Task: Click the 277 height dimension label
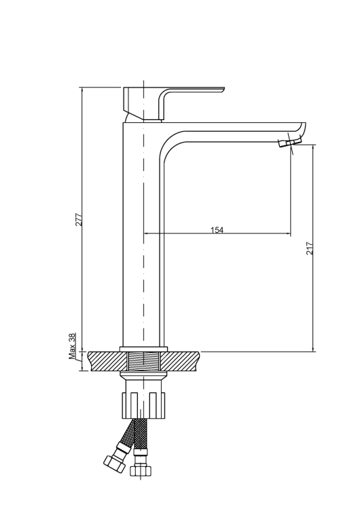tap(79, 219)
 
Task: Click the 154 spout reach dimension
tap(217, 230)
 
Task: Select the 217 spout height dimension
tap(310, 248)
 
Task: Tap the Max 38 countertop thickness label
tap(72, 346)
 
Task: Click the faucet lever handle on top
tap(162, 103)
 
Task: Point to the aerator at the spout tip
tap(290, 142)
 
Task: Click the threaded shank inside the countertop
tap(143, 361)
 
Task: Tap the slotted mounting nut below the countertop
tap(143, 405)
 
